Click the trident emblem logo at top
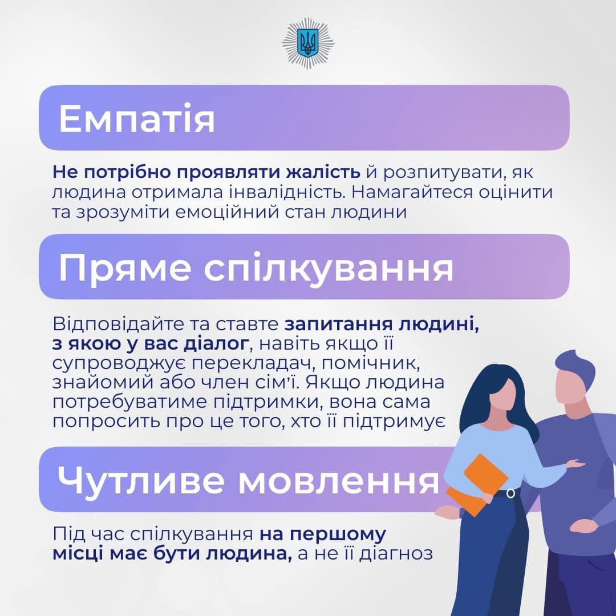pyautogui.click(x=307, y=43)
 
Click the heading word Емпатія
pyautogui.click(x=137, y=118)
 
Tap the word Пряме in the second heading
pyautogui.click(x=125, y=269)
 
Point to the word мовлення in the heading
pyautogui.click(x=339, y=481)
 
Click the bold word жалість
pyautogui.click(x=323, y=172)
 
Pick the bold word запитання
pyautogui.click(x=339, y=325)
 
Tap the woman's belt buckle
pyautogui.click(x=510, y=493)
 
